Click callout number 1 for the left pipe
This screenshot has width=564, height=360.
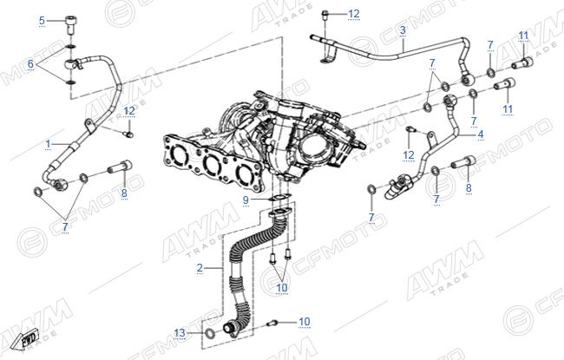(49, 145)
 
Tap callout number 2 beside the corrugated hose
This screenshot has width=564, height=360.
(200, 267)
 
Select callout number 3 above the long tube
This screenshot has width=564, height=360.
(403, 29)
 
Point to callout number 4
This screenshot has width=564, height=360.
(481, 134)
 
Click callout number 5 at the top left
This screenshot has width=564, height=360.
(43, 21)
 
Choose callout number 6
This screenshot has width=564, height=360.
(30, 64)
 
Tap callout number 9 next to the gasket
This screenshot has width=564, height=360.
(246, 200)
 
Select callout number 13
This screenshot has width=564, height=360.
(180, 333)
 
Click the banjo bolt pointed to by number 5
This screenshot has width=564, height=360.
(71, 25)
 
